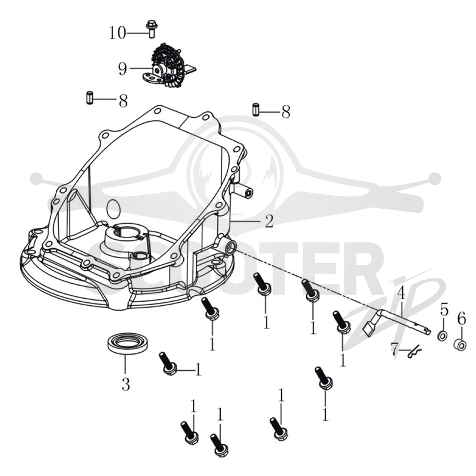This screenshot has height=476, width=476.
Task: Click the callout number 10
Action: tap(117, 33)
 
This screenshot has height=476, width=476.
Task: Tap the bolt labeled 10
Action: tap(151, 29)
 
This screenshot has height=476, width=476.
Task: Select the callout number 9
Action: tap(123, 68)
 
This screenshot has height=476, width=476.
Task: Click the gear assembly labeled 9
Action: tap(168, 66)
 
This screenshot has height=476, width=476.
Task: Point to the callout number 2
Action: tap(269, 221)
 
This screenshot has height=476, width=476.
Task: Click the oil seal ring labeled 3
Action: tap(128, 343)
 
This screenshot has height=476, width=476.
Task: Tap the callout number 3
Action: tap(126, 384)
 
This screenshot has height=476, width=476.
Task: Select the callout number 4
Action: tap(401, 293)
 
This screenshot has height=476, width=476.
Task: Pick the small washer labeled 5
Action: tap(443, 336)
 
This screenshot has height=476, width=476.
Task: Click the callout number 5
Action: tap(444, 309)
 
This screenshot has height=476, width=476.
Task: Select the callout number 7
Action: tap(394, 349)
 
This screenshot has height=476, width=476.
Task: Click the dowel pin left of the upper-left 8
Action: tap(89, 98)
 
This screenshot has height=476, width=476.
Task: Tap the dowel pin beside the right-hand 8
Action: tap(256, 109)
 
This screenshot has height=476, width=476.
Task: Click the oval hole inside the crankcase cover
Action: tap(114, 208)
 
